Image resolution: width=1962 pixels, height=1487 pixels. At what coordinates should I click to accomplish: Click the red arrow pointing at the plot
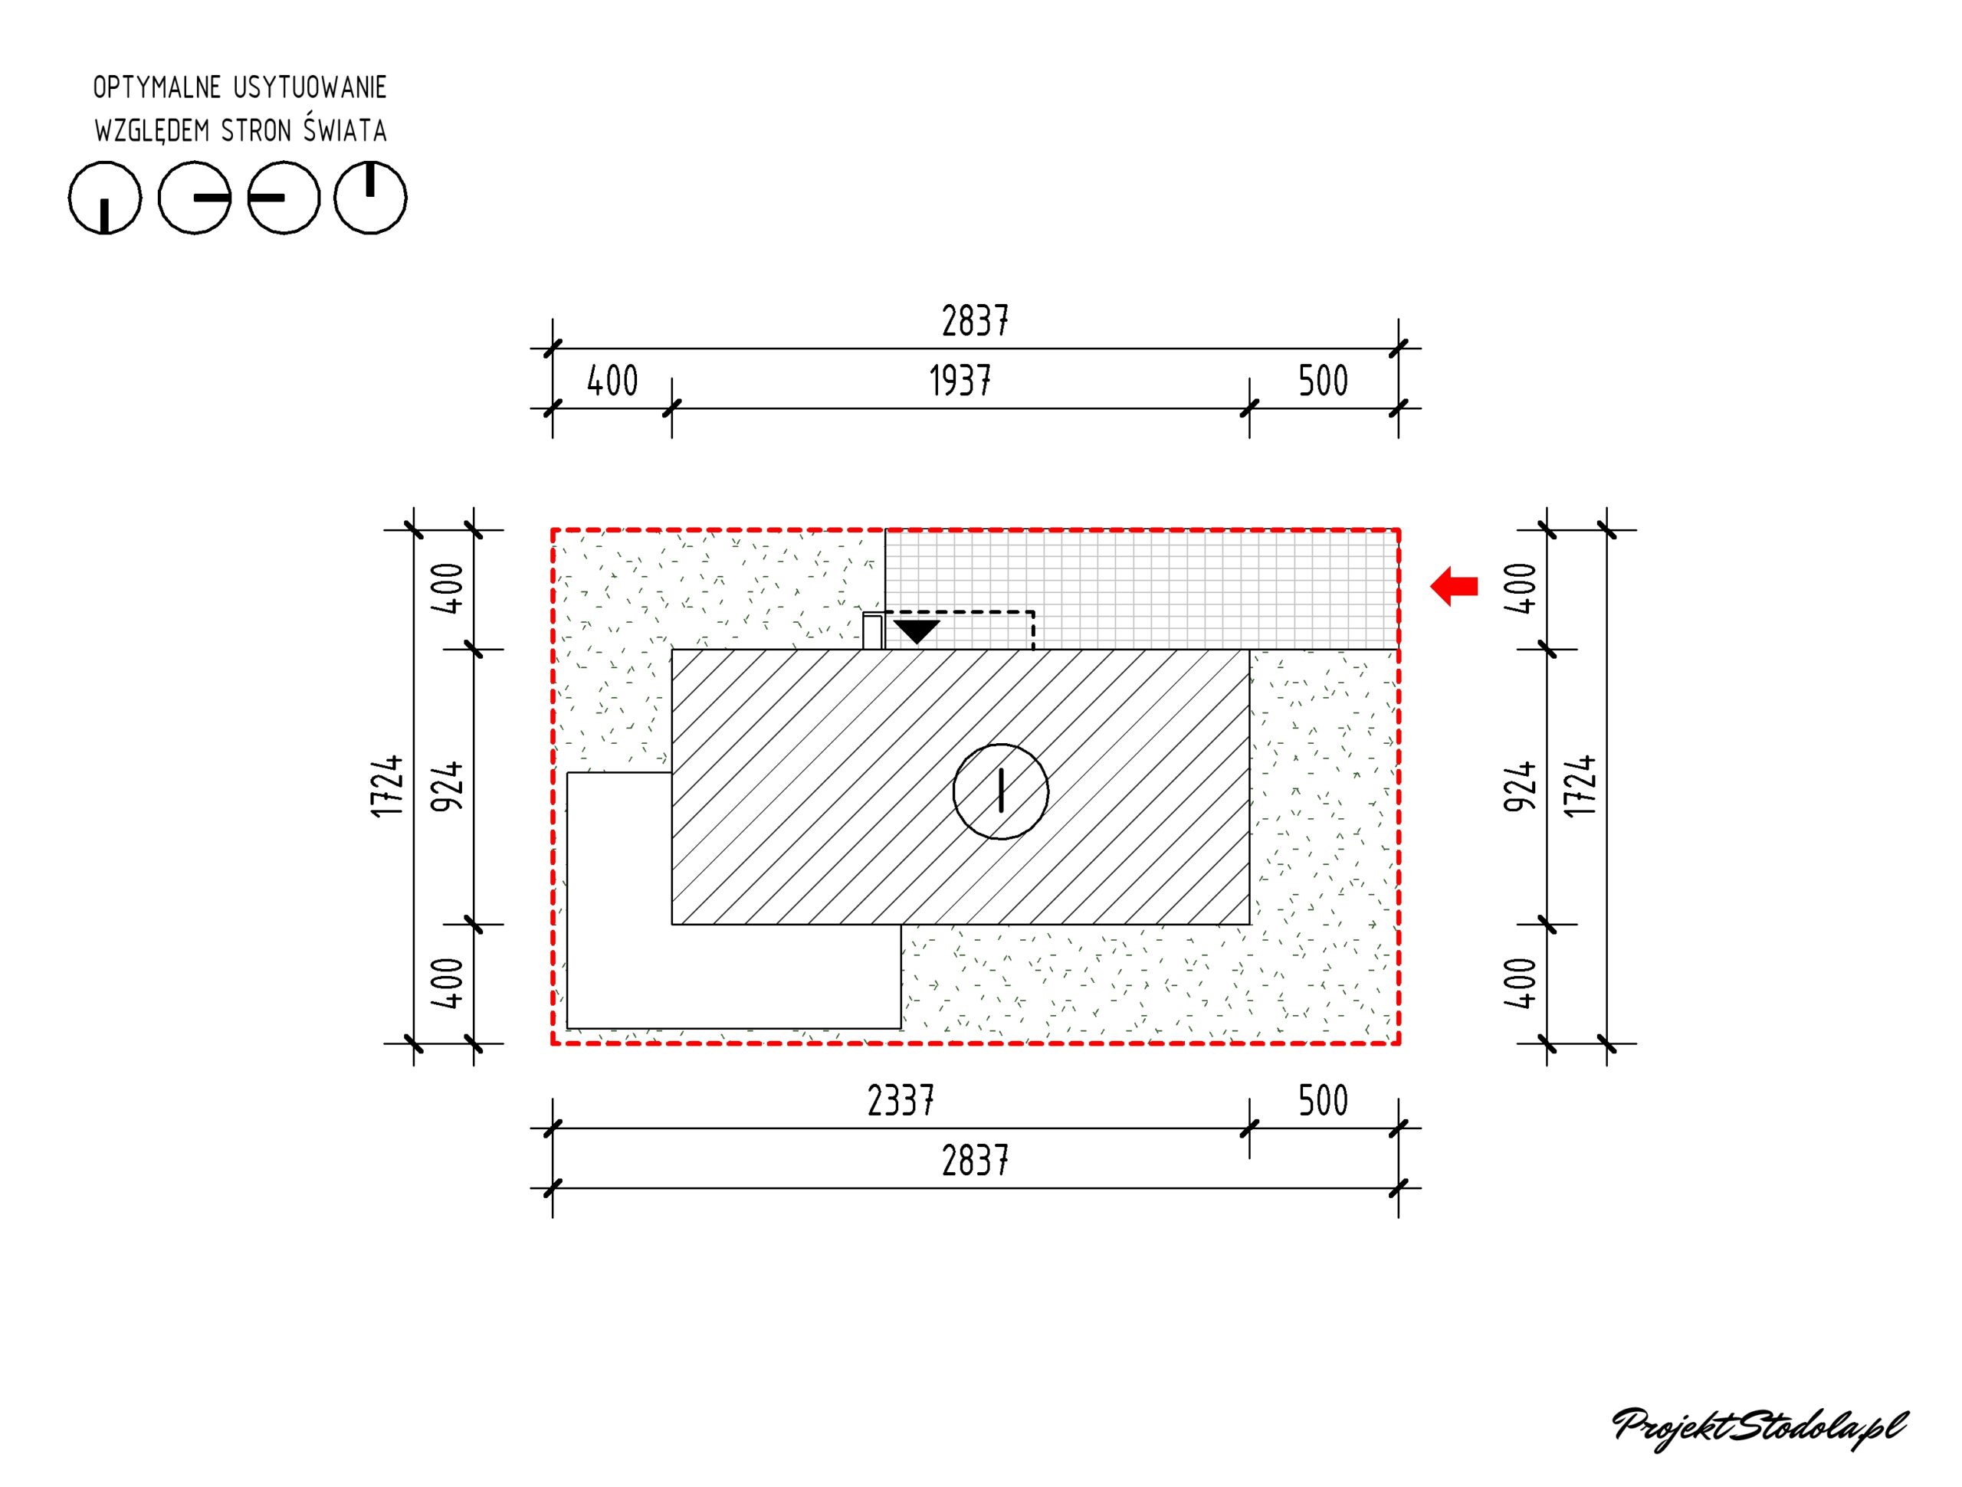pyautogui.click(x=1454, y=586)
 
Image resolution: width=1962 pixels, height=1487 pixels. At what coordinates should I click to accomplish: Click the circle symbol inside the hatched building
pyautogui.click(x=1000, y=791)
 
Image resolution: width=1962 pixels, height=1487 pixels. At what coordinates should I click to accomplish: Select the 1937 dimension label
pyautogui.click(x=960, y=382)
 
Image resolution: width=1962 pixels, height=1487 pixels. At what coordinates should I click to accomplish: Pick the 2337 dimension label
pyautogui.click(x=901, y=1102)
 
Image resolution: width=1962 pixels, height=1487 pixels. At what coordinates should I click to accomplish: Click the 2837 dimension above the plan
pyautogui.click(x=975, y=321)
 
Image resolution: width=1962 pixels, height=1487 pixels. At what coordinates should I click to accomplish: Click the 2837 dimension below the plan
pyautogui.click(x=975, y=1161)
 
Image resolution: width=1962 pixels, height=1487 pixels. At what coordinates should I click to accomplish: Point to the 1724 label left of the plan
pyautogui.click(x=388, y=787)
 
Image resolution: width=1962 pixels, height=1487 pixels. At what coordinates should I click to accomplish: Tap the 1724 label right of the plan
pyautogui.click(x=1580, y=787)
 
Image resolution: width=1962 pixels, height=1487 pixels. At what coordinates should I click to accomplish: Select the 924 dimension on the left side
pyautogui.click(x=447, y=787)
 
